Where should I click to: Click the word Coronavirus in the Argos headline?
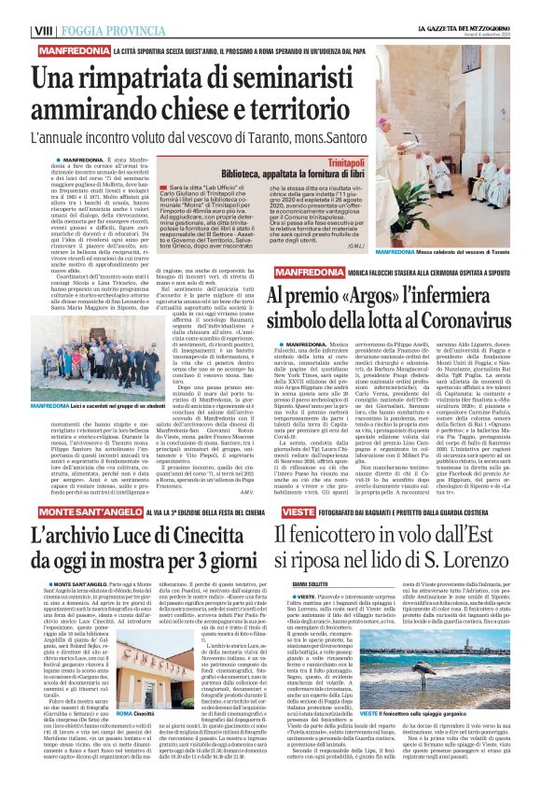430,343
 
